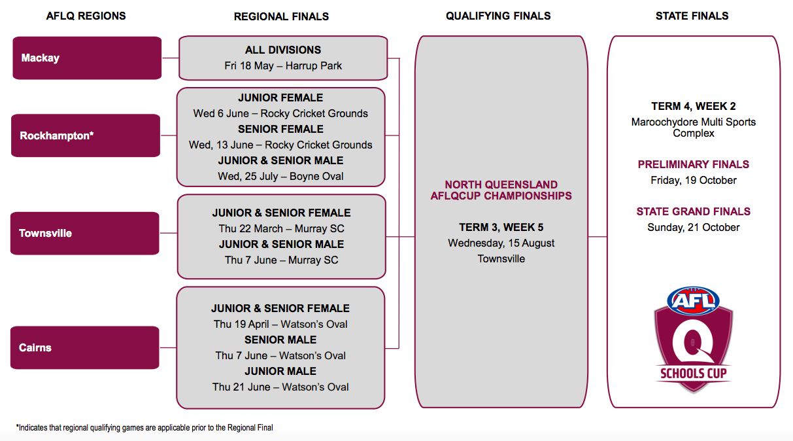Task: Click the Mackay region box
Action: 87,58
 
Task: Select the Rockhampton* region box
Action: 86,135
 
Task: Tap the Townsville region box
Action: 85,233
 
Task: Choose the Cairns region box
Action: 85,347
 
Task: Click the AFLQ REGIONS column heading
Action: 86,16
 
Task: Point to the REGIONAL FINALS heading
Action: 281,16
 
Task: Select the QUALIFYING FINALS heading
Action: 498,16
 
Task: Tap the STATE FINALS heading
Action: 692,16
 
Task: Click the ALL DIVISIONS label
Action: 283,50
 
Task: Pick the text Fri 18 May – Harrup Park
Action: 283,65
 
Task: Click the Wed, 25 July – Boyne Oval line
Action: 280,176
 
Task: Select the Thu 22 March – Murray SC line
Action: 281,228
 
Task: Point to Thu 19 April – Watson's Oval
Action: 280,324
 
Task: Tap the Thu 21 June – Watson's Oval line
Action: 280,387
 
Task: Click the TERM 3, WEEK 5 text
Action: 501,227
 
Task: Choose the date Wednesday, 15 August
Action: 501,243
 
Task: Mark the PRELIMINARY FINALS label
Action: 693,164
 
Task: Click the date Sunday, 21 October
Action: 693,227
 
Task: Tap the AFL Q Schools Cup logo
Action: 693,339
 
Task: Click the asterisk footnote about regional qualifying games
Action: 144,427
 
